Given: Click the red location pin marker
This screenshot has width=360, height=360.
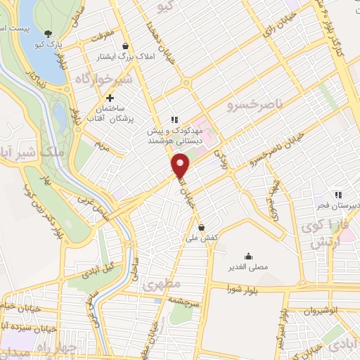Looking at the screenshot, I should tap(181, 165).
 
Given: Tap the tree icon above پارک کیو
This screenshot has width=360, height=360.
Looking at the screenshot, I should tap(48, 33).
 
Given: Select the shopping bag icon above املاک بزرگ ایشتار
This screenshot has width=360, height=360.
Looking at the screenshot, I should tap(126, 46).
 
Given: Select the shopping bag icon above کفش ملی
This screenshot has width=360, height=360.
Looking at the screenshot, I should tap(202, 227).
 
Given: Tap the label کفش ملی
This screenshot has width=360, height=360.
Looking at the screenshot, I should tap(201, 238).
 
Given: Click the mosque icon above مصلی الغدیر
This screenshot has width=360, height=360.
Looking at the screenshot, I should tap(248, 257).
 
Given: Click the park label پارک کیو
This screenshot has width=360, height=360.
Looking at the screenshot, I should tap(51, 44).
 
